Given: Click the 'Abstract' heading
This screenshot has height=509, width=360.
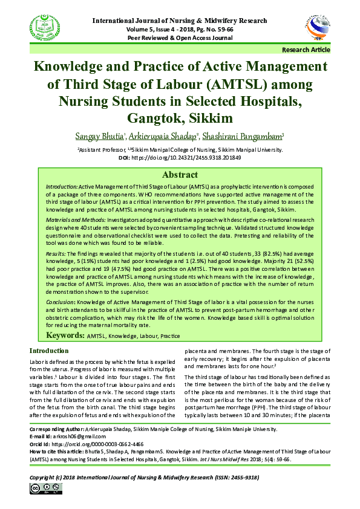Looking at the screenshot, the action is pos(180,175).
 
